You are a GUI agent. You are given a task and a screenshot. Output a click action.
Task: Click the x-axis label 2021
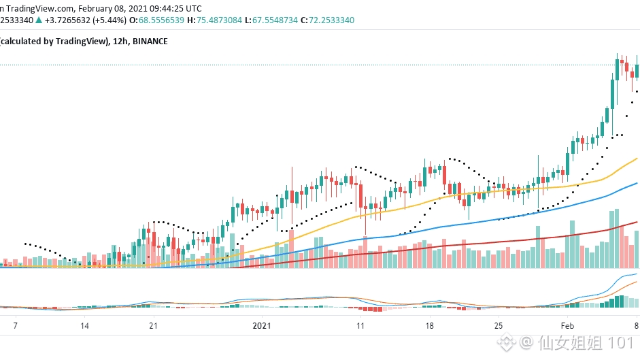click(x=261, y=325)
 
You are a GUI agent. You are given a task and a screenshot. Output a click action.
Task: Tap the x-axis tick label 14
click(x=84, y=325)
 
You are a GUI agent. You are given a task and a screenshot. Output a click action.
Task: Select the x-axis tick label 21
click(x=153, y=325)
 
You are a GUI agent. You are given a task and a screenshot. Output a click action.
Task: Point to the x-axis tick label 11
click(x=360, y=325)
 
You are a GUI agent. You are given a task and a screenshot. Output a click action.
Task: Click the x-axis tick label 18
click(x=429, y=325)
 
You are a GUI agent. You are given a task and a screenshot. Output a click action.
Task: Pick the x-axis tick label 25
click(x=499, y=325)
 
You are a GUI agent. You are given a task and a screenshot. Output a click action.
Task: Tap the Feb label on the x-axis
click(x=567, y=325)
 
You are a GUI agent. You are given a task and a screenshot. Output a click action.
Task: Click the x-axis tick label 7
click(x=15, y=325)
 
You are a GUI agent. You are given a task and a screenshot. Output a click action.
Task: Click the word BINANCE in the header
click(x=150, y=42)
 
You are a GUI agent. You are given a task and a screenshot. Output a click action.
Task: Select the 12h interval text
click(x=120, y=42)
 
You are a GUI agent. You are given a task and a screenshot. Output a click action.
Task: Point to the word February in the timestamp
click(x=99, y=9)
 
